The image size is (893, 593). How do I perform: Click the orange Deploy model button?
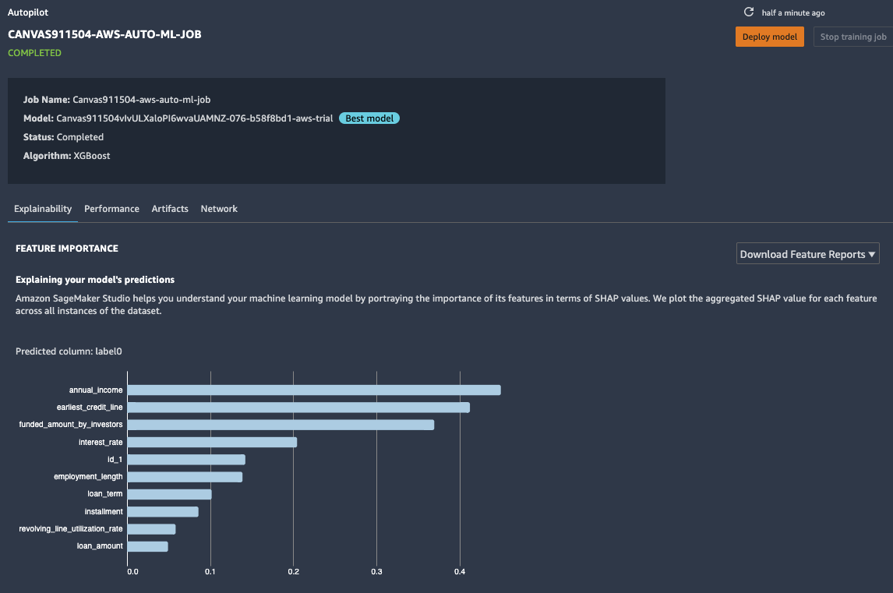click(769, 37)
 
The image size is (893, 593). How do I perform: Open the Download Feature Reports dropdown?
click(807, 254)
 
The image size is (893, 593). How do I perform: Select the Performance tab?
click(111, 209)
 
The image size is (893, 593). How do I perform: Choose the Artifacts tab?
click(170, 209)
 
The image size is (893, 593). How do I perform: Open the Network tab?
click(219, 209)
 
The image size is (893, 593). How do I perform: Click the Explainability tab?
click(43, 209)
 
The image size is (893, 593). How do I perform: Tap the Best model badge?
click(369, 118)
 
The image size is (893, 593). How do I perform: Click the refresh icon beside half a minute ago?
click(749, 12)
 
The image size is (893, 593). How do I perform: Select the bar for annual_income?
click(313, 390)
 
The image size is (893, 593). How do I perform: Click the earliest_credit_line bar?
click(298, 407)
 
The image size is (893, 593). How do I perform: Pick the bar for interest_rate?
click(212, 442)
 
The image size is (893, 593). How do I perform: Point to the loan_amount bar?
click(147, 546)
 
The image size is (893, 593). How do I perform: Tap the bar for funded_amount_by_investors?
click(281, 425)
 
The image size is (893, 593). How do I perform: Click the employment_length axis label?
click(88, 476)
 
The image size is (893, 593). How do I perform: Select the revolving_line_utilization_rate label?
click(71, 529)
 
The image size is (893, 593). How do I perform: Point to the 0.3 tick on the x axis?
click(376, 572)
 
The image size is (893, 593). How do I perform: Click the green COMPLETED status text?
click(34, 53)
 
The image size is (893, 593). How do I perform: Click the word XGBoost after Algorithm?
click(91, 156)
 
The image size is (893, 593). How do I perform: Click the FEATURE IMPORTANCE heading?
click(67, 249)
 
